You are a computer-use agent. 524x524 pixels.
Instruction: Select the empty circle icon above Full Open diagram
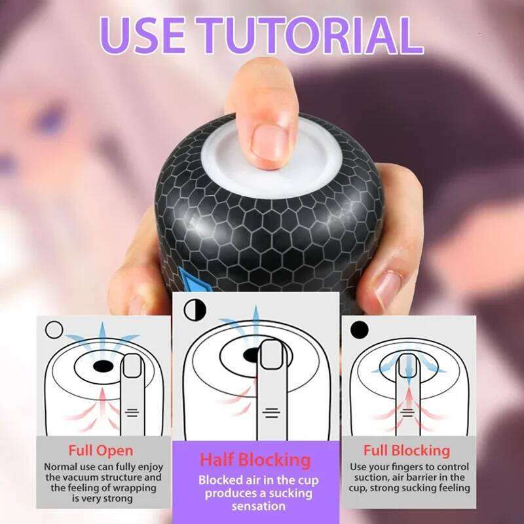coord(54,329)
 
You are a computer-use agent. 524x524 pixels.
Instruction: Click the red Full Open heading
coord(100,450)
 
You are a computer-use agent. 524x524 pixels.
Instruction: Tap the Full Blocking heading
coord(407,450)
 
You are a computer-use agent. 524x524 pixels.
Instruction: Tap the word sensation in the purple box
coord(258,506)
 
